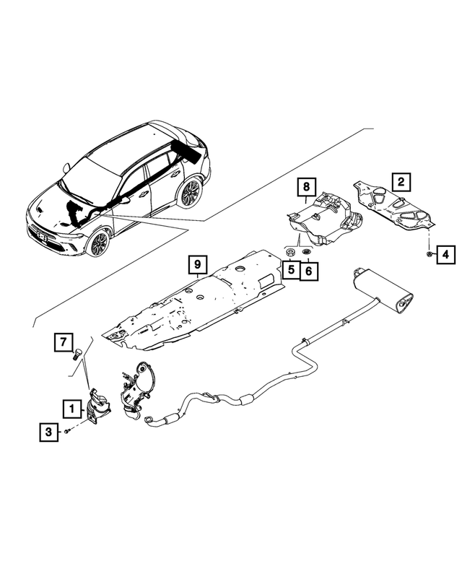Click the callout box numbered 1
pyautogui.click(x=71, y=409)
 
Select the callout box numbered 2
pyautogui.click(x=401, y=181)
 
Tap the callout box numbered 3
pyautogui.click(x=49, y=432)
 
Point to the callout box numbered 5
pyautogui.click(x=289, y=271)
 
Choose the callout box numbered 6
pyautogui.click(x=308, y=271)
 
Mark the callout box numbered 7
pyautogui.click(x=64, y=340)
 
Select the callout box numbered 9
pyautogui.click(x=197, y=266)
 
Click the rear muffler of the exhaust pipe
pyautogui.click(x=382, y=295)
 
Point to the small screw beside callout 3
pyautogui.click(x=66, y=431)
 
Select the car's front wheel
pyautogui.click(x=98, y=242)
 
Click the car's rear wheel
pyautogui.click(x=190, y=193)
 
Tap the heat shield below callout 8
pyautogui.click(x=325, y=220)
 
